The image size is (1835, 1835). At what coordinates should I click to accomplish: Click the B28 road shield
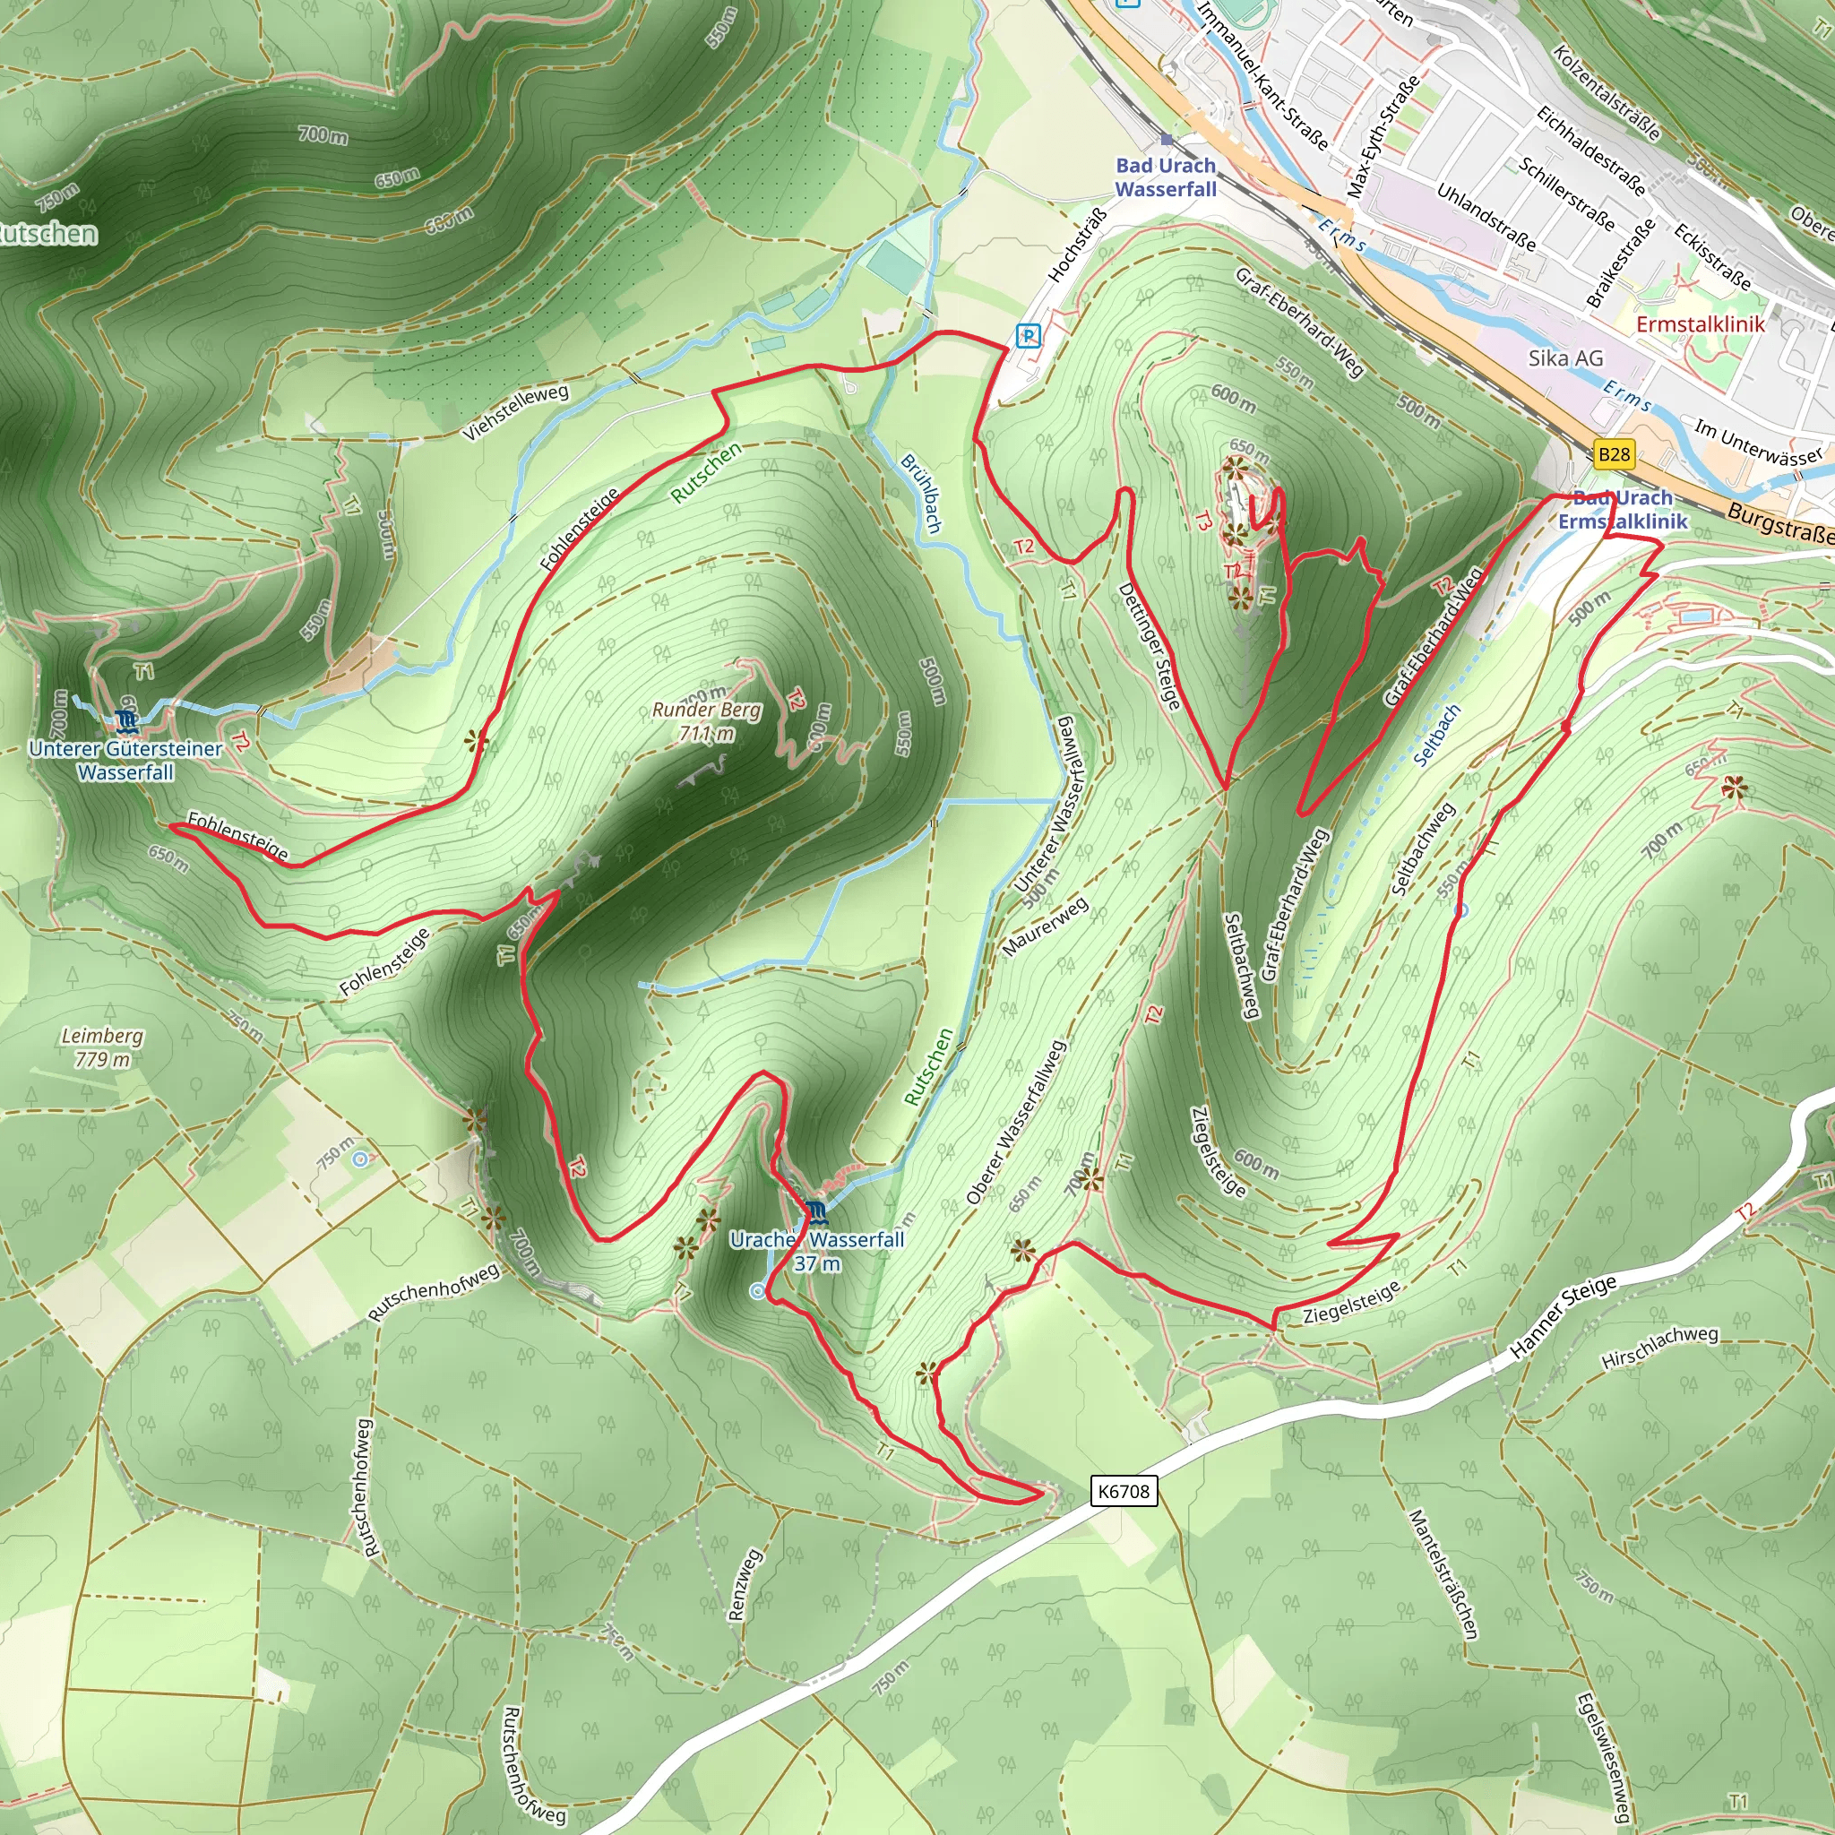pyautogui.click(x=1614, y=454)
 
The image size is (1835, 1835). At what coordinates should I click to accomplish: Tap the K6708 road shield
pyautogui.click(x=1124, y=1490)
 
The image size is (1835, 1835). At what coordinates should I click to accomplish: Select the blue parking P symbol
pyautogui.click(x=1028, y=335)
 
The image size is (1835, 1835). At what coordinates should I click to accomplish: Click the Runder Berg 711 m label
pyautogui.click(x=707, y=722)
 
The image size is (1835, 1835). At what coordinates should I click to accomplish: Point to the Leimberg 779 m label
pyautogui.click(x=102, y=1047)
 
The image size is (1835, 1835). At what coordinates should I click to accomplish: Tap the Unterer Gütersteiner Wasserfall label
pyautogui.click(x=125, y=760)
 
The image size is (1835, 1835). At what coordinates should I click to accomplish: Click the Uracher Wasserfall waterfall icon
pyautogui.click(x=816, y=1212)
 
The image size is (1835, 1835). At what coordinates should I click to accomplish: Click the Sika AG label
pyautogui.click(x=1565, y=358)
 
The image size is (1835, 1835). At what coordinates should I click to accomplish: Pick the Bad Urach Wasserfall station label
pyautogui.click(x=1166, y=177)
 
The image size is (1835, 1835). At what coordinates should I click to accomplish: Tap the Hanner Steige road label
pyautogui.click(x=1563, y=1315)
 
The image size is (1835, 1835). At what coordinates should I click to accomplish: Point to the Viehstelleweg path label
pyautogui.click(x=516, y=412)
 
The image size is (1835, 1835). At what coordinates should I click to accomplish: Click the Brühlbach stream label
pyautogui.click(x=921, y=494)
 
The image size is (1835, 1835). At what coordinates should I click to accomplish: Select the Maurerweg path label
pyautogui.click(x=1045, y=927)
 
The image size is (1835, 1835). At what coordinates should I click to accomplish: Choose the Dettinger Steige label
pyautogui.click(x=1150, y=646)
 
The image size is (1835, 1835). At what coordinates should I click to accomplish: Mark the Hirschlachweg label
pyautogui.click(x=1659, y=1348)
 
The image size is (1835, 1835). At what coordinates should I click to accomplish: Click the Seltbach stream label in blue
pyautogui.click(x=1436, y=734)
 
